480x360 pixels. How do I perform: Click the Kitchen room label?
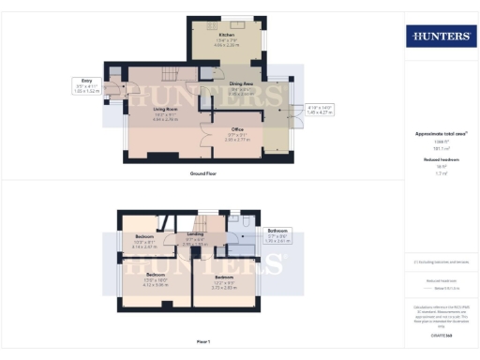point(227,35)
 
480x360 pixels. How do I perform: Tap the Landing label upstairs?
point(196,234)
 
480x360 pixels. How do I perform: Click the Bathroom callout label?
point(277,230)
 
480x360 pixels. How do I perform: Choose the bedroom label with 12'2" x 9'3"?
point(223,278)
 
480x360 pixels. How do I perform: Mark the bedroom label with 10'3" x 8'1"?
point(143,236)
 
